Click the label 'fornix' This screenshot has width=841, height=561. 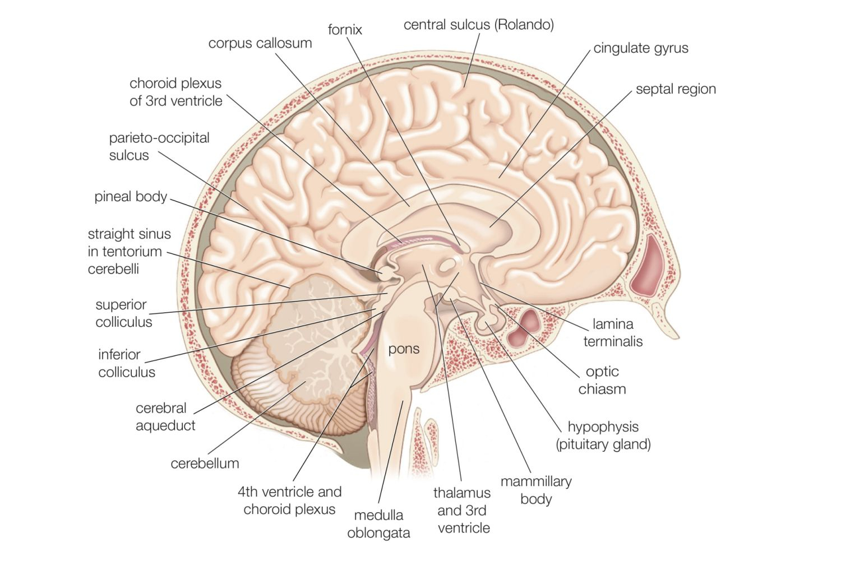click(345, 30)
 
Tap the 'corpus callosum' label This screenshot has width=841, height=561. click(260, 44)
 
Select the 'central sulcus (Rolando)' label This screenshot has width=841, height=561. click(479, 25)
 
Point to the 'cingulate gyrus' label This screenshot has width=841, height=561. click(641, 48)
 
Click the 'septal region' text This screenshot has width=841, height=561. click(676, 89)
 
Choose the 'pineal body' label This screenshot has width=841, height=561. click(130, 197)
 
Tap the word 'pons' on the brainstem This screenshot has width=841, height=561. click(404, 349)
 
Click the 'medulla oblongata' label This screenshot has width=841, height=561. click(378, 524)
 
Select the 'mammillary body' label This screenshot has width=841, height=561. click(536, 490)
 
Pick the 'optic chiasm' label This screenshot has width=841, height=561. click(602, 380)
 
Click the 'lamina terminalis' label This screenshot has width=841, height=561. click(613, 332)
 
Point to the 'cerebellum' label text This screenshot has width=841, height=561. click(205, 463)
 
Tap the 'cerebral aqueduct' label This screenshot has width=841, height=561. click(165, 416)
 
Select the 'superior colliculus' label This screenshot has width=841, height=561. click(123, 313)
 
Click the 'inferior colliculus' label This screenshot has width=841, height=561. click(127, 363)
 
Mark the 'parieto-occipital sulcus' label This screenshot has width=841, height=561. click(159, 147)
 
